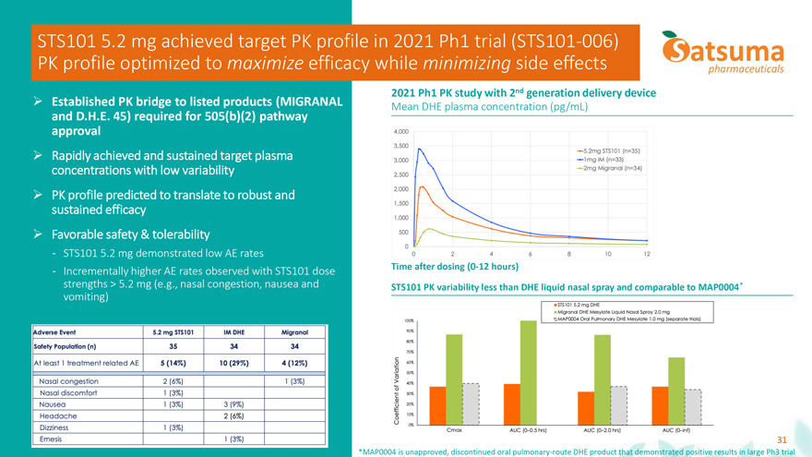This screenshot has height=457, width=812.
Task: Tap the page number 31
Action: tap(782, 439)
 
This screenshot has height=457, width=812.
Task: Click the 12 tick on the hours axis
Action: tap(647, 254)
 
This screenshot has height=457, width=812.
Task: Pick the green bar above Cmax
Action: tap(454, 377)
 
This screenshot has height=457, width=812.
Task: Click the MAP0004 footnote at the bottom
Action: tap(582, 450)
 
